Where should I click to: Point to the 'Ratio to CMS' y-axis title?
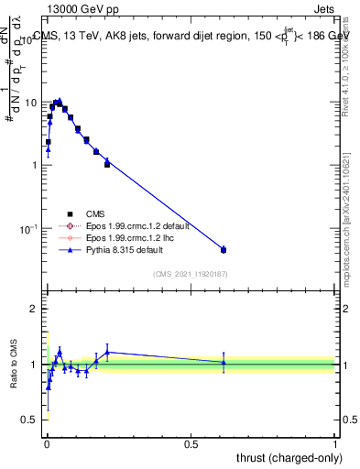[13, 365]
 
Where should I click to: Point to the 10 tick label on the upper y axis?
[30, 103]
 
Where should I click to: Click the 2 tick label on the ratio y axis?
[34, 309]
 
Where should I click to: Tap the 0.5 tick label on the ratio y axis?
[30, 420]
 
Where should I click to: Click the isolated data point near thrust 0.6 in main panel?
[224, 249]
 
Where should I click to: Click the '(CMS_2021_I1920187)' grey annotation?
[191, 274]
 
